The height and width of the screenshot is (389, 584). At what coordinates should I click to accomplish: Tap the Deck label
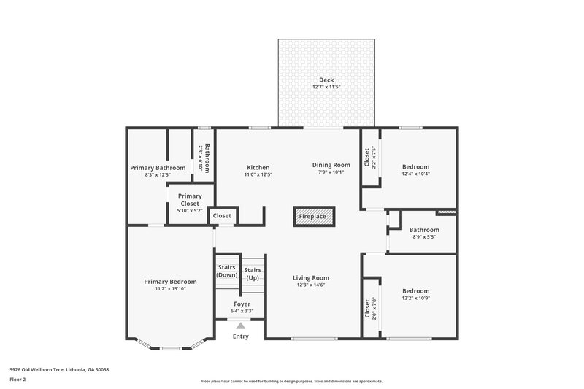click(x=326, y=80)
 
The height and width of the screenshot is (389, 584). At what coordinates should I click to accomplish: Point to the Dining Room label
click(x=331, y=165)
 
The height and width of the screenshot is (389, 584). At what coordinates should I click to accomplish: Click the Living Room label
click(x=311, y=277)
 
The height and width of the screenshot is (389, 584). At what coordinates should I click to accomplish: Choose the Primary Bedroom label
click(x=170, y=282)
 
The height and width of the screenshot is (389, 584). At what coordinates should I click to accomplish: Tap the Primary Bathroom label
click(x=158, y=168)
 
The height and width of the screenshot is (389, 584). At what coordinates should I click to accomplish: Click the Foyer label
click(x=242, y=304)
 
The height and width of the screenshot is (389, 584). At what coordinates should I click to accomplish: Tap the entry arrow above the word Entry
click(x=240, y=326)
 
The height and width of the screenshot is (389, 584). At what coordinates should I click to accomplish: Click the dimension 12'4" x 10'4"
click(x=416, y=174)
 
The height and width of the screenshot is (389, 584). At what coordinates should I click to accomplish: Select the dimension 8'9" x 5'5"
click(x=423, y=236)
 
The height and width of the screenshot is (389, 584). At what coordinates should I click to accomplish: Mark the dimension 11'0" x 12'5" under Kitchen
click(x=258, y=174)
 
